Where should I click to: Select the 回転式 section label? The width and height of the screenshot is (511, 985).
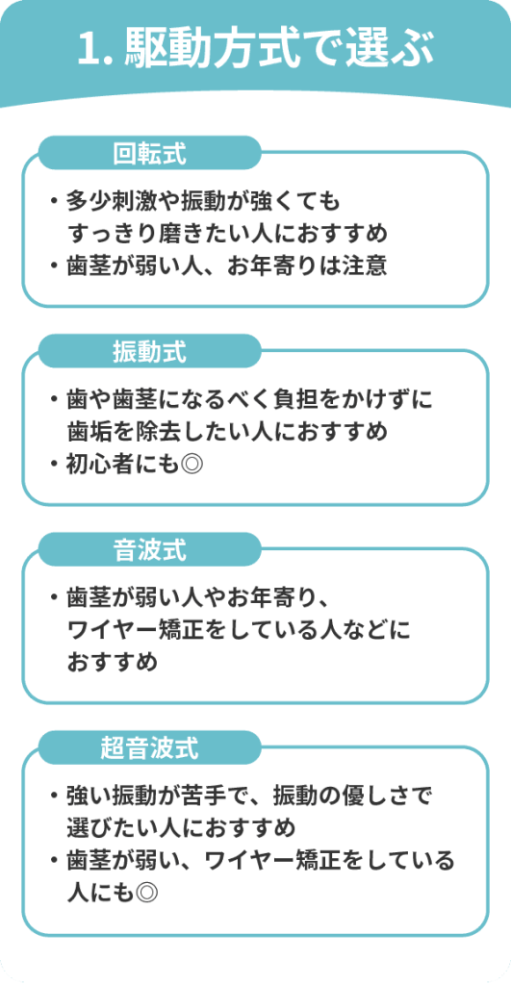149,153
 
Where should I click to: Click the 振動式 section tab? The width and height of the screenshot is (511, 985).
149,352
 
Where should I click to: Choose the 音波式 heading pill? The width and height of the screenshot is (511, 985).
149,550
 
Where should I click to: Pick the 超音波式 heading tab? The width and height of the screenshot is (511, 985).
149,748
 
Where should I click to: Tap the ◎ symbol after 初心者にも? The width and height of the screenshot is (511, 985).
192,465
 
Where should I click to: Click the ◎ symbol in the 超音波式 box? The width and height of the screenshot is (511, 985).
146,892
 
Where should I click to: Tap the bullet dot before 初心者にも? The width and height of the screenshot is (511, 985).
55,465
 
